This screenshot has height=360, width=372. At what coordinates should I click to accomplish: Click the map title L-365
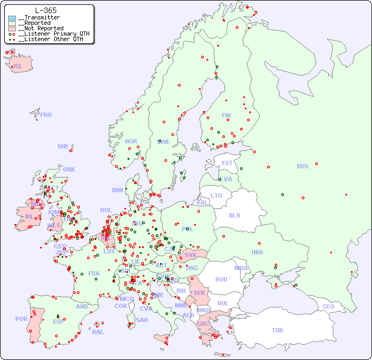pyautogui.click(x=46, y=10)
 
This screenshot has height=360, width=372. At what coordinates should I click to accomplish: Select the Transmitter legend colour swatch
pyautogui.click(x=12, y=18)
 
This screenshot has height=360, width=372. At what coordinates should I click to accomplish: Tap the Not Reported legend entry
pyautogui.click(x=41, y=28)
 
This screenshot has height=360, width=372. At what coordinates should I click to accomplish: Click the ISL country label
pyautogui.click(x=18, y=67)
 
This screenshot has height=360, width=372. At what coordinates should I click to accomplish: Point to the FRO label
pyautogui.click(x=46, y=115)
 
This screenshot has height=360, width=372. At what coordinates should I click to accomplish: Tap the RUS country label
pyautogui.click(x=302, y=166)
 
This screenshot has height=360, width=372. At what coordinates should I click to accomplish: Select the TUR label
pyautogui.click(x=277, y=330)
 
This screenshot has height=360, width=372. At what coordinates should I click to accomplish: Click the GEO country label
pyautogui.click(x=328, y=306)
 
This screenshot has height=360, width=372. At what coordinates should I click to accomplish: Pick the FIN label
pyautogui.click(x=226, y=115)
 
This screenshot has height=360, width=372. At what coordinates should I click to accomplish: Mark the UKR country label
pyautogui.click(x=257, y=252)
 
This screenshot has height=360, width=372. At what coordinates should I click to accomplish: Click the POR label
pyautogui.click(x=21, y=319)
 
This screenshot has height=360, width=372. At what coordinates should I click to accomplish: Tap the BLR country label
pyautogui.click(x=234, y=215)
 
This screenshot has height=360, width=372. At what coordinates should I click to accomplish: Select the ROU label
pyautogui.click(x=221, y=279)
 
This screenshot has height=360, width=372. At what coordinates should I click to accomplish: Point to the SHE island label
pyautogui.click(x=63, y=146)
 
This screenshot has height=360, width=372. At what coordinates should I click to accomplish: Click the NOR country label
pyautogui.click(x=131, y=141)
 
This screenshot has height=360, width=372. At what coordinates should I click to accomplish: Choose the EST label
pyautogui.click(x=227, y=163)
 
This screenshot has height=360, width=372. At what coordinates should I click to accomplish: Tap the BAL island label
pyautogui.click(x=97, y=332)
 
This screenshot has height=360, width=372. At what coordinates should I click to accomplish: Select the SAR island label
pyautogui.click(x=142, y=320)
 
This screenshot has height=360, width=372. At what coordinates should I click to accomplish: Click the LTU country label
pyautogui.click(x=216, y=195)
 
